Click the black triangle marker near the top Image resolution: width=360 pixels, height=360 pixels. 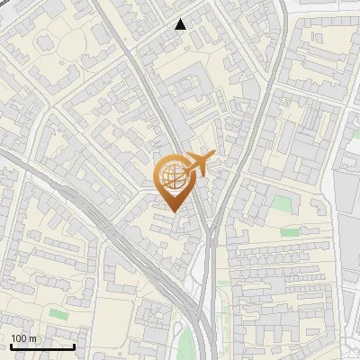pyautogui.click(x=181, y=24)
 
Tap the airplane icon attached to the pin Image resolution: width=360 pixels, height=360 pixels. pyautogui.click(x=198, y=165)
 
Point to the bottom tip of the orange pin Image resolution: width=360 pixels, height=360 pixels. pyautogui.click(x=173, y=211)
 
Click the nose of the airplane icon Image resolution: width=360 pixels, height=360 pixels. pyautogui.click(x=212, y=157)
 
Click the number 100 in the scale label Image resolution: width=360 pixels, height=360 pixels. pyautogui.click(x=19, y=338)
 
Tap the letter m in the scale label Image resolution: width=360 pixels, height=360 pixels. pyautogui.click(x=33, y=338)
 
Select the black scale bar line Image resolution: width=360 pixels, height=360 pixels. pyautogui.click(x=42, y=346)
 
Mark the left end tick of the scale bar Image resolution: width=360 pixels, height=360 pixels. pyautogui.click(x=11, y=346)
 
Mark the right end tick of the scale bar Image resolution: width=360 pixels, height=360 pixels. pyautogui.click(x=74, y=346)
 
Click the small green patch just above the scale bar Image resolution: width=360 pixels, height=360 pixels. pyautogui.click(x=58, y=313)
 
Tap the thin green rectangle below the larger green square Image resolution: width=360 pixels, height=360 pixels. pyautogui.click(x=289, y=231)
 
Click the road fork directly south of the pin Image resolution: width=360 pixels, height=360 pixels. pyautogui.click(x=209, y=236)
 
